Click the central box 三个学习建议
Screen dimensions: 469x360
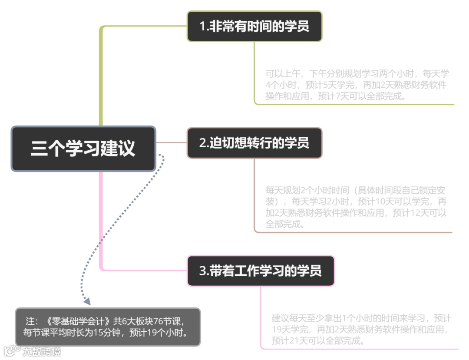(83, 149)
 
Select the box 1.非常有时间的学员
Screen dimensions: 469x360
(254, 26)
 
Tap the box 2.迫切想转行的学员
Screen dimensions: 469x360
(254, 143)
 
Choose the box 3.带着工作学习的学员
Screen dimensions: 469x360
(261, 271)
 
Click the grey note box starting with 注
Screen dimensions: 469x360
(108, 327)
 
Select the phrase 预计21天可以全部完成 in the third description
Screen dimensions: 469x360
(317, 340)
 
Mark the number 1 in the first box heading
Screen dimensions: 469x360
(202, 26)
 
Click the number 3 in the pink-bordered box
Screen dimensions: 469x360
(202, 271)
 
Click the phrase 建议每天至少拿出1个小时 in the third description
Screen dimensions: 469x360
(328, 318)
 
